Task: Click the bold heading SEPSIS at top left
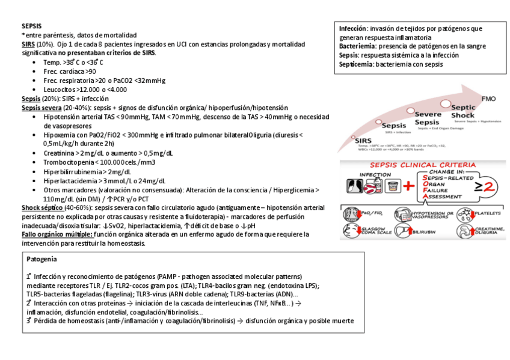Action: (32, 26)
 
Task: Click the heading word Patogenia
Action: (42, 259)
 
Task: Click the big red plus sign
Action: (409, 186)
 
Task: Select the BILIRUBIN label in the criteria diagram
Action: (423, 231)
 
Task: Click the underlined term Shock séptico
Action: (38, 207)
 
